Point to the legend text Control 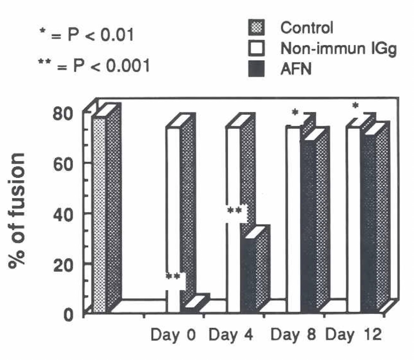[x=307, y=28]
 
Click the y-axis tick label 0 [x=69, y=313]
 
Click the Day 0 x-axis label [x=173, y=335]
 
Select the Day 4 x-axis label [x=231, y=335]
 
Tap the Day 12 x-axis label [x=354, y=335]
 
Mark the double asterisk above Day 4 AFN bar [x=236, y=211]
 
